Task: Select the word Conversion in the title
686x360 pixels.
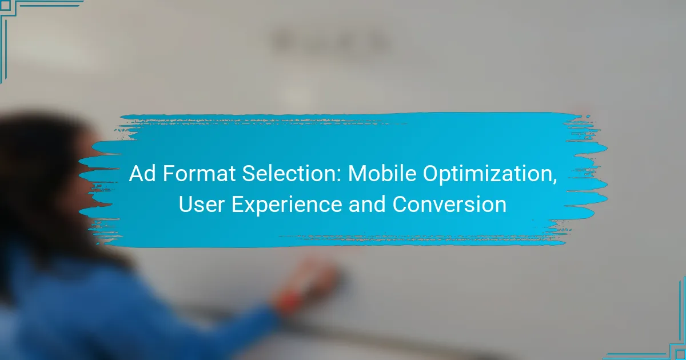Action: pos(449,205)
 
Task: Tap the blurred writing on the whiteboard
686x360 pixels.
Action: pos(332,41)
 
